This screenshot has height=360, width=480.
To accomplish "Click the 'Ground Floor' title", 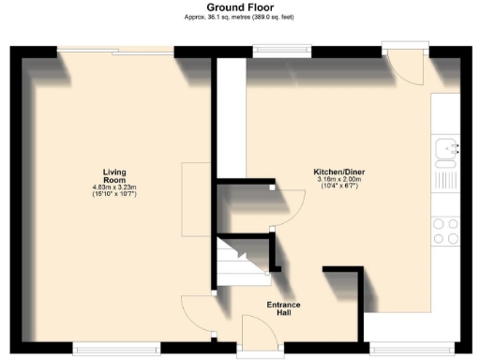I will (239, 7).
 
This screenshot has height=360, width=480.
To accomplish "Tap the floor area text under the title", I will (239, 17).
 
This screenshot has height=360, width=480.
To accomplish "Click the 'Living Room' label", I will (114, 175).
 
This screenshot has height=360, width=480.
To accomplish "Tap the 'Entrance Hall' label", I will (284, 308).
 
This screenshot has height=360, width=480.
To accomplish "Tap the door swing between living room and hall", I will (195, 314).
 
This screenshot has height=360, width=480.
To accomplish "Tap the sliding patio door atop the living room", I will (114, 50).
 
